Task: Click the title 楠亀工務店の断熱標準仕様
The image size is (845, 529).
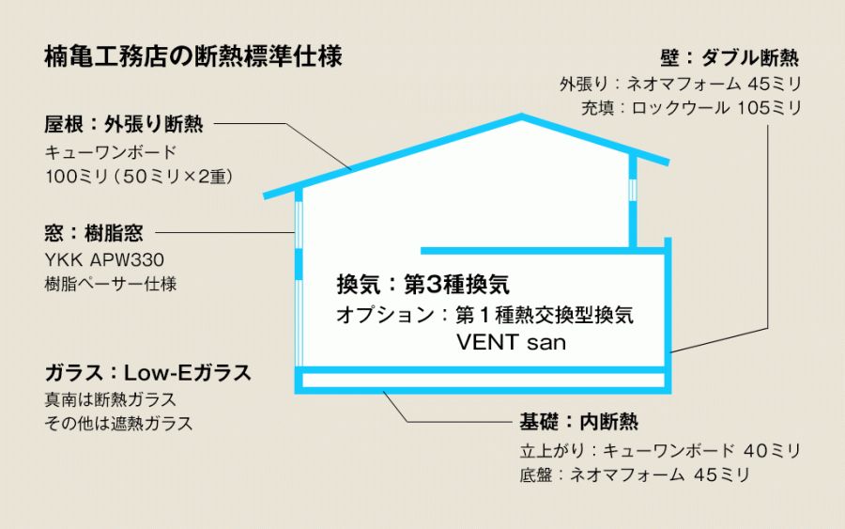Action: tap(192, 57)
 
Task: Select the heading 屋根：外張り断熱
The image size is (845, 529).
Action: tap(124, 125)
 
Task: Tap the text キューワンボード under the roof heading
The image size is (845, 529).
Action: tap(111, 152)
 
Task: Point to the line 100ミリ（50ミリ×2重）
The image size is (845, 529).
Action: tap(140, 177)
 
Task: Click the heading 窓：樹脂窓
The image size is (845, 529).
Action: tap(94, 233)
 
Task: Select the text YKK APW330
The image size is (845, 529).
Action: tap(104, 260)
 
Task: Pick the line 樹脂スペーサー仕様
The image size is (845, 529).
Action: tap(111, 284)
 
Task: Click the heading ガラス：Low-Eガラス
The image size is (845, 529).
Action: tap(148, 373)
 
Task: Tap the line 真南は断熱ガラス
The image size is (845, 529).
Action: tap(111, 399)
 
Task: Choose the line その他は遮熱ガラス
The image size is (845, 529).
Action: tap(118, 424)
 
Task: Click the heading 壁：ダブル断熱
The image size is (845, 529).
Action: tap(730, 58)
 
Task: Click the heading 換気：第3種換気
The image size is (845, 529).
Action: tap(423, 284)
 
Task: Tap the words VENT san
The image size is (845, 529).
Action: tap(511, 342)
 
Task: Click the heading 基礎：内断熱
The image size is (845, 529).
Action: tap(578, 422)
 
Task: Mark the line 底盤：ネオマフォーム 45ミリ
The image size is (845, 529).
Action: tap(635, 475)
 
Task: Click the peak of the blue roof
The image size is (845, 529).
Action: tap(521, 116)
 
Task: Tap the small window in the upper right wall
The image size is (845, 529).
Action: tap(633, 190)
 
